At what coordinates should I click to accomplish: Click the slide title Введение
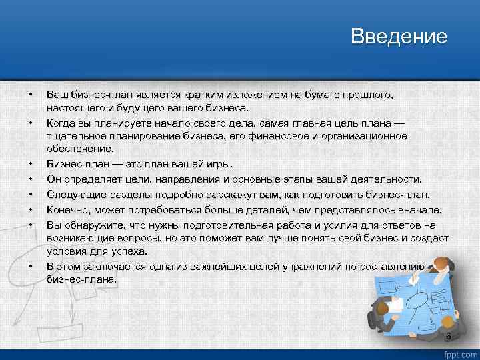pyautogui.click(x=399, y=36)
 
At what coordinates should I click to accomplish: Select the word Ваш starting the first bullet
pyautogui.click(x=57, y=95)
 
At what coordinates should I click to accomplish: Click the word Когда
pyautogui.click(x=61, y=123)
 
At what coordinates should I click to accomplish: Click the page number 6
pyautogui.click(x=448, y=337)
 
